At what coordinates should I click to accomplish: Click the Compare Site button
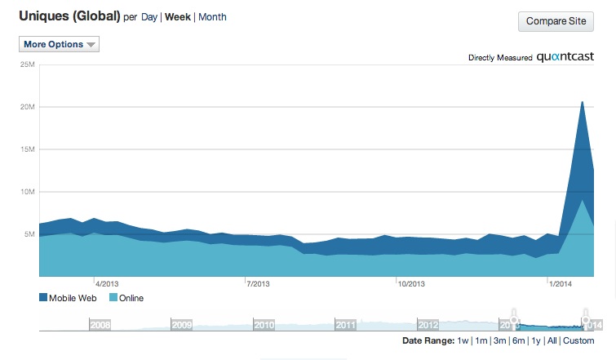click(x=556, y=21)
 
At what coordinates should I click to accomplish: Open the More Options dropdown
click(x=59, y=44)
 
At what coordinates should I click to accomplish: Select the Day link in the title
click(x=149, y=16)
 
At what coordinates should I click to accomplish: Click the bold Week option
click(x=177, y=16)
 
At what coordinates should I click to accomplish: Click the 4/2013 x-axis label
click(x=108, y=284)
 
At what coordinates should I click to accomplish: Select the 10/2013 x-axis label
click(x=411, y=284)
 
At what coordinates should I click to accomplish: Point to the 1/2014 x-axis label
click(x=560, y=284)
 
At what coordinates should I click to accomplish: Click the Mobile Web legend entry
click(x=69, y=298)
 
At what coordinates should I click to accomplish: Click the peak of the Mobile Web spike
click(x=582, y=101)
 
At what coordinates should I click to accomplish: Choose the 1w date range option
click(x=463, y=340)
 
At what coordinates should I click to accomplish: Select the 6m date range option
click(x=518, y=340)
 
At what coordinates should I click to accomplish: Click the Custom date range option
click(x=578, y=340)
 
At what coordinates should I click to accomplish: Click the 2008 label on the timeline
click(x=100, y=324)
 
